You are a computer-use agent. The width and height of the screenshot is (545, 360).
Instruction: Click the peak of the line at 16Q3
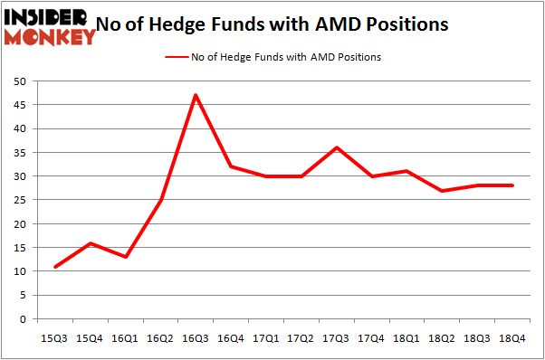195,95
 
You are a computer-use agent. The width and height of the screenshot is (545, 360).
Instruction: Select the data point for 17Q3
336,147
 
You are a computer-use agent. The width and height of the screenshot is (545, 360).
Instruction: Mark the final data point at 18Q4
512,185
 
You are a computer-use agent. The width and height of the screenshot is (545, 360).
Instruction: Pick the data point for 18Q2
442,191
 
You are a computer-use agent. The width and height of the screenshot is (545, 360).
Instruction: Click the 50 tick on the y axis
20,81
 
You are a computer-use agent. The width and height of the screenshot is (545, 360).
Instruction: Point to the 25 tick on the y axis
20,200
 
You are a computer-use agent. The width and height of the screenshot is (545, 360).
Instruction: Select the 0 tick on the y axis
23,319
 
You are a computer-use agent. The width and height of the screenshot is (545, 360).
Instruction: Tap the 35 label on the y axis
20,153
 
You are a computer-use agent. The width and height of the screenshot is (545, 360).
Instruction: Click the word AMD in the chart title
328,24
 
